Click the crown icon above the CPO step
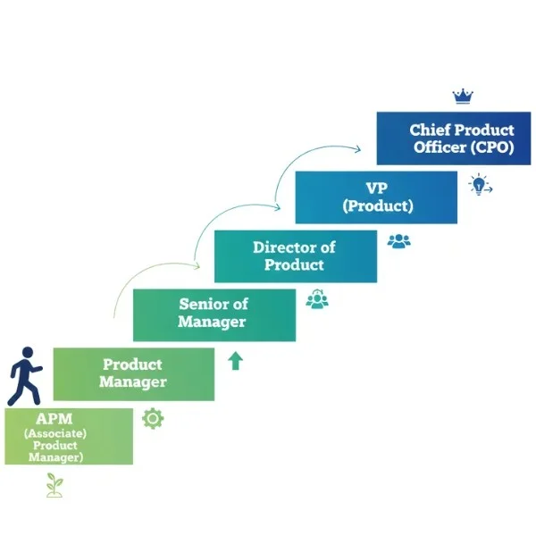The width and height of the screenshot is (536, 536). (x=462, y=96)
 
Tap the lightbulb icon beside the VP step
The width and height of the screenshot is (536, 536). (x=480, y=185)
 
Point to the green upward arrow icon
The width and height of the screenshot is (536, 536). (x=236, y=361)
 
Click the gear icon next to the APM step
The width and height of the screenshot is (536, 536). (x=153, y=418)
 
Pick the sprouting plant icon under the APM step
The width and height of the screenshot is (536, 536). (x=55, y=485)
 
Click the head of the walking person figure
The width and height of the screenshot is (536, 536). (x=27, y=355)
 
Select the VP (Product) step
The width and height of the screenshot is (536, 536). (x=376, y=197)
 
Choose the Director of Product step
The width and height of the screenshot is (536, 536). (x=295, y=256)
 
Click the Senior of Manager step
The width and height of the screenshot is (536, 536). (x=214, y=314)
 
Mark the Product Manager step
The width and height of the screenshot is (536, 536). (x=133, y=373)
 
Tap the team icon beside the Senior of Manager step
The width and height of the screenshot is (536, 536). (x=317, y=299)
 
